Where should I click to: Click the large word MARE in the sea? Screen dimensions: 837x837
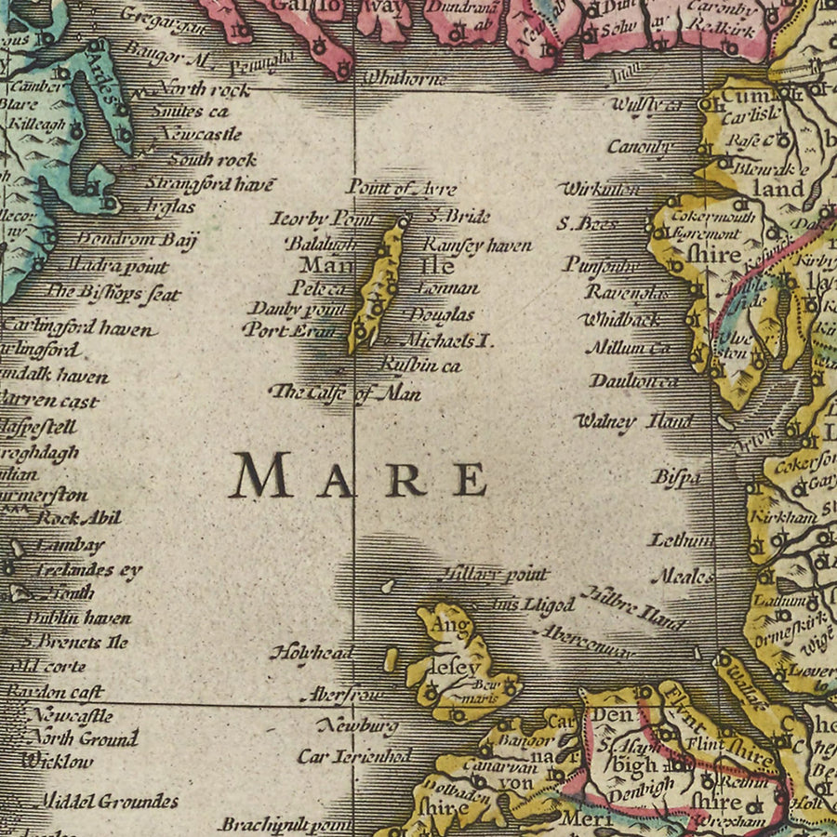point(359,476)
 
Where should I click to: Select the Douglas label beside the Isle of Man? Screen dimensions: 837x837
point(442,315)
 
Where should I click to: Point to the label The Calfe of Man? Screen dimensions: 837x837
point(345,393)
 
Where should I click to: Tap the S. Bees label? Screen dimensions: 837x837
point(587,223)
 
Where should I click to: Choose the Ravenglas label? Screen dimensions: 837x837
point(627,292)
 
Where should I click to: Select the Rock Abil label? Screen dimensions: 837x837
point(79,518)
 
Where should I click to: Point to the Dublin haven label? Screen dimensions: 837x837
point(78,618)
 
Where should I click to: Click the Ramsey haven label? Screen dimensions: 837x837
point(478,246)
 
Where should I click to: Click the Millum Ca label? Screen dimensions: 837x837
point(627,349)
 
